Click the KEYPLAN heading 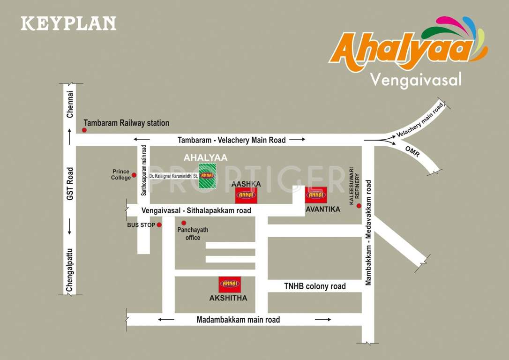68,23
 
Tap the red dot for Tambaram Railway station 84,130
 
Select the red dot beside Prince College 134,175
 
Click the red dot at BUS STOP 159,225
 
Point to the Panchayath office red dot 184,223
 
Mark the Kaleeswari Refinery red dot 359,206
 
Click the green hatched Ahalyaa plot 207,176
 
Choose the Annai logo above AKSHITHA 230,285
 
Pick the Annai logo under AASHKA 246,195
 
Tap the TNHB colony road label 315,286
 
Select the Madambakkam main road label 238,320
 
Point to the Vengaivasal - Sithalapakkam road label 193,211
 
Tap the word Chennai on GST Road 70,104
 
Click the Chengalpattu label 70,271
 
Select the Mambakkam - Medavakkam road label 368,232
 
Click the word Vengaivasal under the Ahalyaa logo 416,79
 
